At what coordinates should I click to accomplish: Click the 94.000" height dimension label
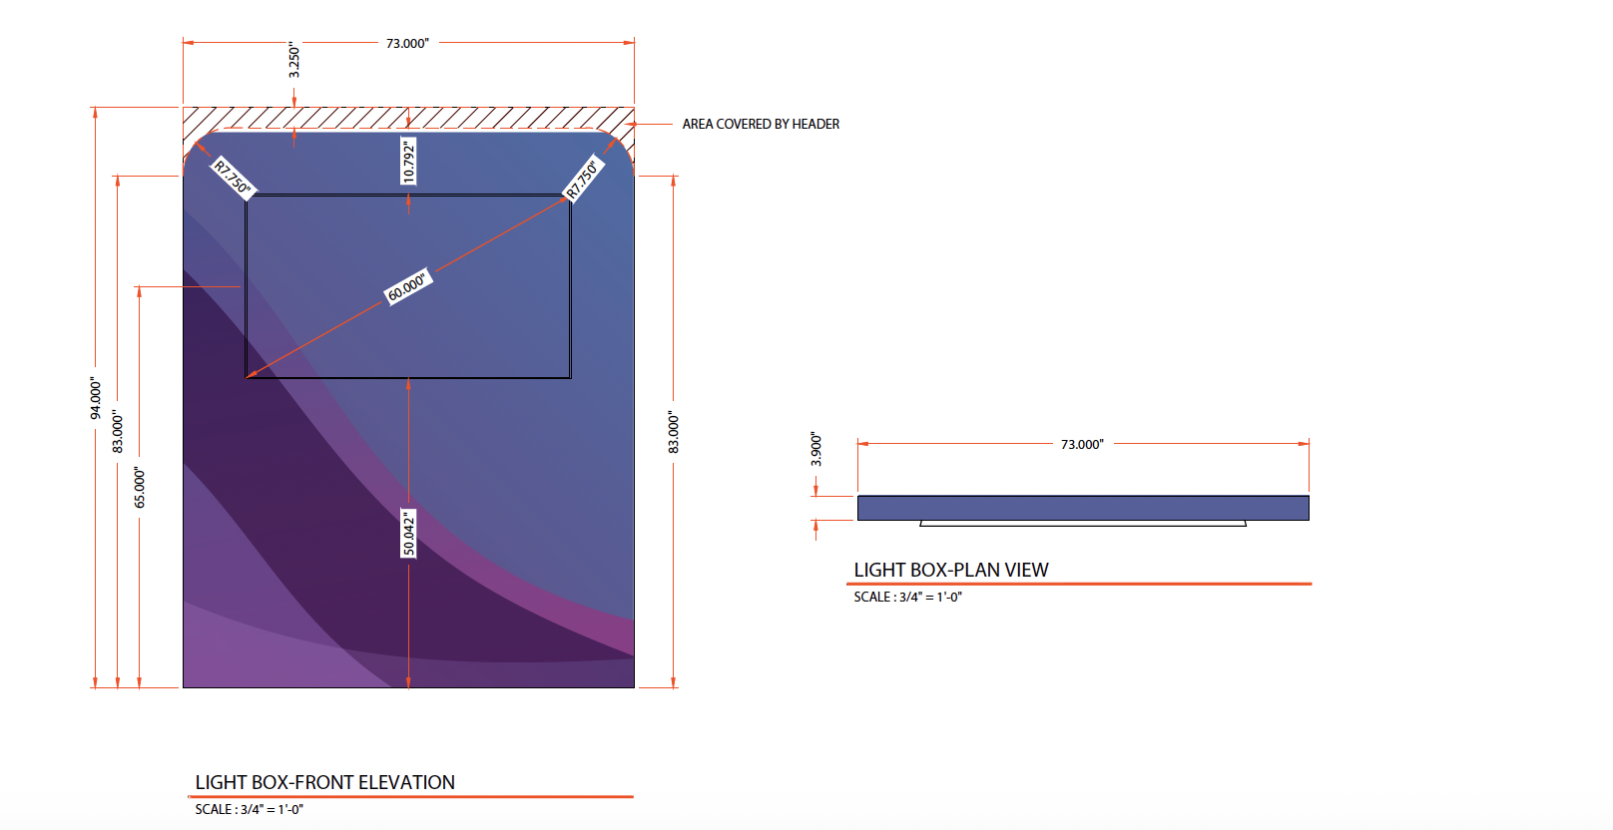coord(96,398)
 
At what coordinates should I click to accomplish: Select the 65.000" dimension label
coord(140,488)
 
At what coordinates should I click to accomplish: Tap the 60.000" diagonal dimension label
coord(407,286)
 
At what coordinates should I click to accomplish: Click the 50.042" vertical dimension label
coord(408,534)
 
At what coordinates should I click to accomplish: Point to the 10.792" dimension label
coord(408,161)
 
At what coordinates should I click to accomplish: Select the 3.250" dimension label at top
coord(293,61)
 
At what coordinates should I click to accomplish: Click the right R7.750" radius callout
coord(583,179)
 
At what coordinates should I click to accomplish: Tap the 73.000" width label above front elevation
coord(407,43)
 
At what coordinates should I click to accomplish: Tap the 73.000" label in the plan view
coord(1082,444)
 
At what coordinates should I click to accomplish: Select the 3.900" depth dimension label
coord(816,449)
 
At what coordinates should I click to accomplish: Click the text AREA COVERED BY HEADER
coord(761,124)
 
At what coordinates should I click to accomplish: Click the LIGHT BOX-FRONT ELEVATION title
coord(325,782)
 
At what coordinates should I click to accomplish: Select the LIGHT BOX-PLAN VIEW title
coord(951,570)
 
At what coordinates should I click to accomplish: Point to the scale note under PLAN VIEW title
coord(907,597)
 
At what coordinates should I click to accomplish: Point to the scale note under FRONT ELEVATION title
coord(249,809)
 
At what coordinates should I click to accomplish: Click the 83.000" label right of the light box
coord(674,432)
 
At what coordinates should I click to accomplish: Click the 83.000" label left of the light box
coord(118,432)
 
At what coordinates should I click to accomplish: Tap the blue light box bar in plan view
coord(1083,508)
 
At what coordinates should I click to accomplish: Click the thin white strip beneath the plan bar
coord(1083,523)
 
